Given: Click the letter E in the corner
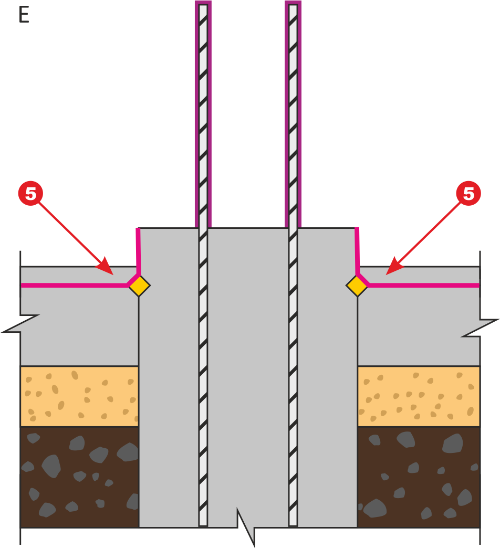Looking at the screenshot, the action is [x=24, y=15].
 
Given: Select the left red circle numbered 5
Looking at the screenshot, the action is [x=30, y=193].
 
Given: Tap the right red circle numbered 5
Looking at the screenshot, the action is [x=468, y=193].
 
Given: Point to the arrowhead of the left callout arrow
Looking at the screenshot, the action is [x=106, y=267].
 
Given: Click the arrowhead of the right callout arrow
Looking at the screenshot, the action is [x=394, y=267].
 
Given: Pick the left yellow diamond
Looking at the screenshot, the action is [x=139, y=286].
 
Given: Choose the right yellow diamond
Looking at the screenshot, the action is [x=357, y=286].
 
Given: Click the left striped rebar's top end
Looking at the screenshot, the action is [x=203, y=5].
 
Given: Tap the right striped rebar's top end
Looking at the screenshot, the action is [x=293, y=5].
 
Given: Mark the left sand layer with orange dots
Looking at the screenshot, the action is [x=79, y=396].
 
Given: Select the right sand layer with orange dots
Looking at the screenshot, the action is [x=419, y=396].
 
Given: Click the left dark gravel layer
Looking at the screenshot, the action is [x=79, y=477].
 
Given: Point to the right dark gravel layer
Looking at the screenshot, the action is [x=419, y=477].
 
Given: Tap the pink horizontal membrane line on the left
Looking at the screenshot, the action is [x=74, y=286].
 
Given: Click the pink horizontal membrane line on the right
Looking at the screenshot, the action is [x=423, y=286].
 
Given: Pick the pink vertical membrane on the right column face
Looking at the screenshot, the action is [x=357, y=251].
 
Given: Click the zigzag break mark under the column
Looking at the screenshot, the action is [x=246, y=527].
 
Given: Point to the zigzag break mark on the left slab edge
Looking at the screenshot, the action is [x=20, y=323].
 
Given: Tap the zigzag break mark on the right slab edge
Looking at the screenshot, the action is [x=480, y=328].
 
